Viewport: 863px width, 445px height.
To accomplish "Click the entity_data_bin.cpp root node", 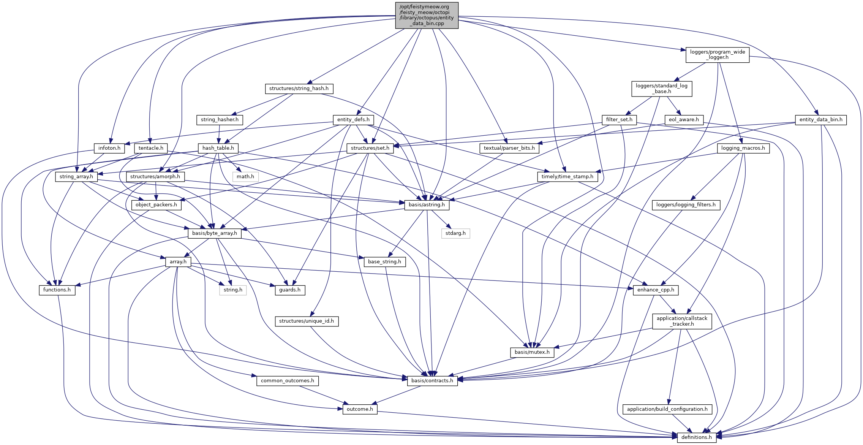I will [427, 15].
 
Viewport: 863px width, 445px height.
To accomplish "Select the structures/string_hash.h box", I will [299, 89].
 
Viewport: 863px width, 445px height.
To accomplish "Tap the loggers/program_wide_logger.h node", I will [717, 55].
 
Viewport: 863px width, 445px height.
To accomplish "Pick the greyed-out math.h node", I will [245, 177].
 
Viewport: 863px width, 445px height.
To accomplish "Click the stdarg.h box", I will [455, 233].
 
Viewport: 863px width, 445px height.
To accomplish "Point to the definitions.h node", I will [696, 437].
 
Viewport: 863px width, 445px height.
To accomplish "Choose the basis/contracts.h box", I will [432, 380].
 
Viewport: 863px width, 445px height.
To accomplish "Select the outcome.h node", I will [360, 409].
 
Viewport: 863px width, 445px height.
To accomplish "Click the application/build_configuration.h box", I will [667, 409].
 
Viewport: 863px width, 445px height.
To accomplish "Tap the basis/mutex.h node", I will [532, 352].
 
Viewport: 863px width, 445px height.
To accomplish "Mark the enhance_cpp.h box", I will [655, 290].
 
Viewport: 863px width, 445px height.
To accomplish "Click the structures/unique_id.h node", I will [306, 321].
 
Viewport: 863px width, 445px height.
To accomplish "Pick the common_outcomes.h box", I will [287, 380].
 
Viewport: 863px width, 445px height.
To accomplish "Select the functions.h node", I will [57, 290].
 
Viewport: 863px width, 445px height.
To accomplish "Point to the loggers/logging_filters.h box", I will [686, 205].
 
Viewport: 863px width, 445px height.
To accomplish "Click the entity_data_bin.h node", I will [820, 120].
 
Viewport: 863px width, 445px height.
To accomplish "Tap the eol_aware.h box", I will [684, 120].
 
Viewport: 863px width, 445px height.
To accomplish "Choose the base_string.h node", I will [384, 261].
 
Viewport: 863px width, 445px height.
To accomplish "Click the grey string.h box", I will [232, 290].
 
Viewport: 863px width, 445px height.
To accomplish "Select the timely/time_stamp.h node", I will [567, 177].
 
